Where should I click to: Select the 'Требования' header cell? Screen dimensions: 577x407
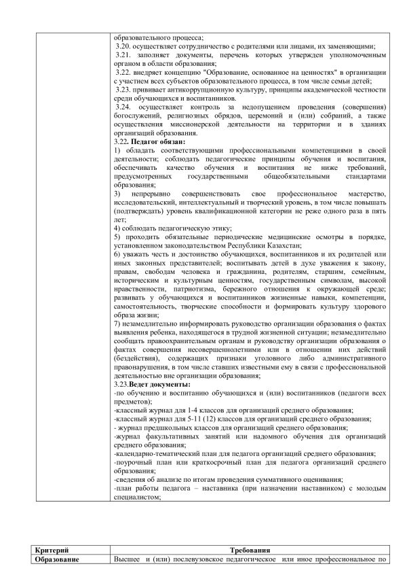click(250, 549)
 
